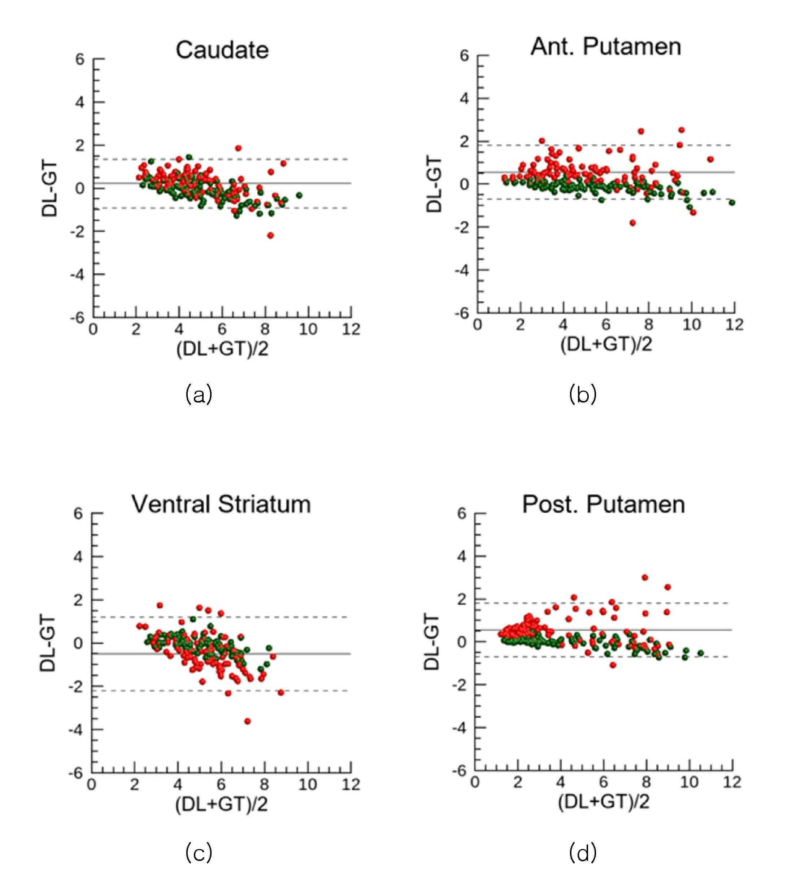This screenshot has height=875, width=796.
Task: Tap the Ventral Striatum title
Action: click(221, 504)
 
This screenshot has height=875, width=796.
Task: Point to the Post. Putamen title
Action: click(603, 504)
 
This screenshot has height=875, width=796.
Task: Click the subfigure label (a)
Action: click(199, 394)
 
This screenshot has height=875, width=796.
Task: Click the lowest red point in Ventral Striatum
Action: click(247, 721)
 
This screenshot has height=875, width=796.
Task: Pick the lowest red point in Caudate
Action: click(270, 235)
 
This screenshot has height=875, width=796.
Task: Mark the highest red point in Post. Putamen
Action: click(645, 577)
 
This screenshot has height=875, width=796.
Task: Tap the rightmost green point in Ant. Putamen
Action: click(732, 202)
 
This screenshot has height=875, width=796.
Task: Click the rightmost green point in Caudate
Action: click(299, 195)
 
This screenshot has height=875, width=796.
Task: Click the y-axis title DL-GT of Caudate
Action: click(49, 188)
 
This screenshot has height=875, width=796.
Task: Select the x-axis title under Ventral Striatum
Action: click(221, 804)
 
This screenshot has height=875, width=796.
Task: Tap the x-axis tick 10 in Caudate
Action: click(308, 330)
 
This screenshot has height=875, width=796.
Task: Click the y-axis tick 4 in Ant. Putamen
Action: click(464, 99)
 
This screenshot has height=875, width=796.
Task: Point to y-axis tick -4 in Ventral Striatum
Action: click(75, 730)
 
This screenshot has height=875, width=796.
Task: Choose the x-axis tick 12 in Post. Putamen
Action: click(732, 782)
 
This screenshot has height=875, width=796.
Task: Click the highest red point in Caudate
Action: click(238, 148)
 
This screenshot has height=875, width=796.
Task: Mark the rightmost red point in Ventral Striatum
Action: click(281, 693)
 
